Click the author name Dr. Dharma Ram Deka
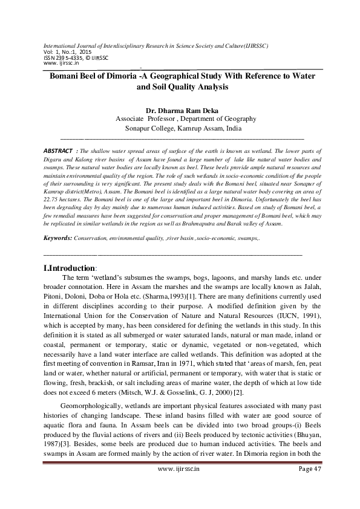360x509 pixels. tap(180, 111)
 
